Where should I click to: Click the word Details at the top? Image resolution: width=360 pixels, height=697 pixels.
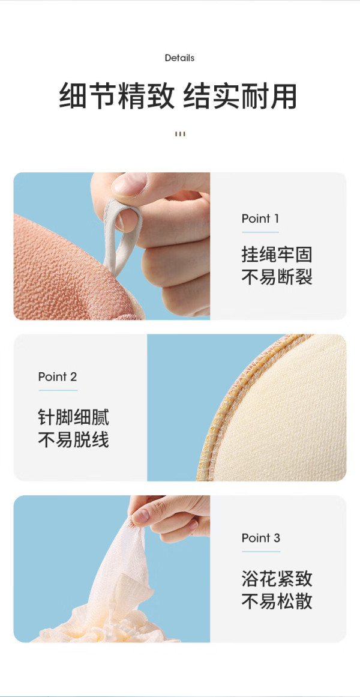click(x=179, y=58)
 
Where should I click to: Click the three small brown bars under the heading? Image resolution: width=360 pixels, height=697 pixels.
click(x=180, y=134)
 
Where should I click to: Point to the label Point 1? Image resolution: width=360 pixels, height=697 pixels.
click(x=260, y=219)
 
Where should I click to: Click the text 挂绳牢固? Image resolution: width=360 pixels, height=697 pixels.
click(x=277, y=255)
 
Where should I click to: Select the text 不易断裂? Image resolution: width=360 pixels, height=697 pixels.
click(x=277, y=277)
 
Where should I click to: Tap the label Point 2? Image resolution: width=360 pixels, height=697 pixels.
click(x=58, y=377)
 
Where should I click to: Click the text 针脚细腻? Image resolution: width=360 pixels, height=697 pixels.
click(x=73, y=418)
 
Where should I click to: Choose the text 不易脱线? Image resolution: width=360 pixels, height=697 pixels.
click(x=73, y=440)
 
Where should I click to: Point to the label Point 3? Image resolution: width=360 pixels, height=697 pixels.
click(x=261, y=539)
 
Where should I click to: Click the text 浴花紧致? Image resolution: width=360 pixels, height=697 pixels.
click(x=277, y=579)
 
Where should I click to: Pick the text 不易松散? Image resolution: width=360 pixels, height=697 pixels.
click(x=277, y=602)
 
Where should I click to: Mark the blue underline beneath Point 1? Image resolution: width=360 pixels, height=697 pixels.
click(x=260, y=232)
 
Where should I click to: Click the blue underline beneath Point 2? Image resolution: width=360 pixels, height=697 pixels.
click(x=58, y=390)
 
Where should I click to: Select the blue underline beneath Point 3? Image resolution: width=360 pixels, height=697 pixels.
click(x=261, y=552)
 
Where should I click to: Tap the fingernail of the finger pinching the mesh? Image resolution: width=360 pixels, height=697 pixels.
click(x=140, y=516)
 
